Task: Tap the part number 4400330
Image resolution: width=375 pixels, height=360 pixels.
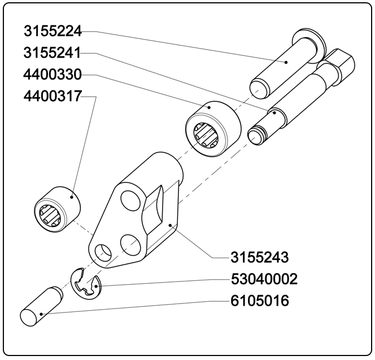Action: (52, 75)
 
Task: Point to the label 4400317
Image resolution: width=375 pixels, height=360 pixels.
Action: (52, 97)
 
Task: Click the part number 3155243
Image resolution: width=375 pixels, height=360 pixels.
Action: (260, 258)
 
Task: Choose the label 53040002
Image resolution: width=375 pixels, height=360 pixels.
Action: (264, 279)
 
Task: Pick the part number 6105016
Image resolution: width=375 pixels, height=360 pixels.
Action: (260, 301)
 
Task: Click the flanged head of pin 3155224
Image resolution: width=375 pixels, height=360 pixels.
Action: (311, 40)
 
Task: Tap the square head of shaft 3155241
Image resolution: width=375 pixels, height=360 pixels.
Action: (342, 62)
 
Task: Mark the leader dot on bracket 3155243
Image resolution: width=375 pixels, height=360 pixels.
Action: (170, 225)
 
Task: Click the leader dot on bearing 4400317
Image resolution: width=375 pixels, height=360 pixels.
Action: (72, 196)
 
